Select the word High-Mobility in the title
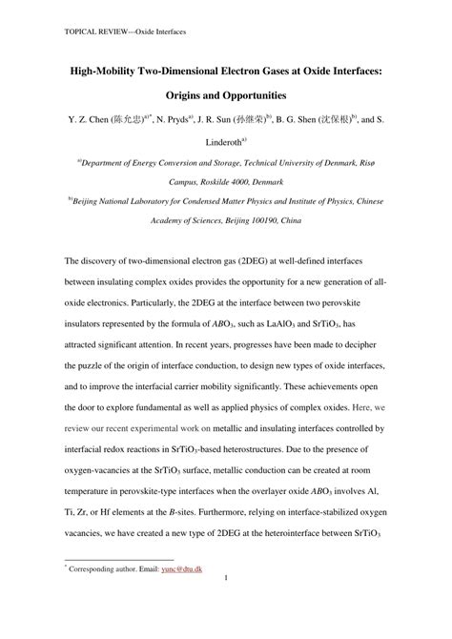pyautogui.click(x=107, y=71)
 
